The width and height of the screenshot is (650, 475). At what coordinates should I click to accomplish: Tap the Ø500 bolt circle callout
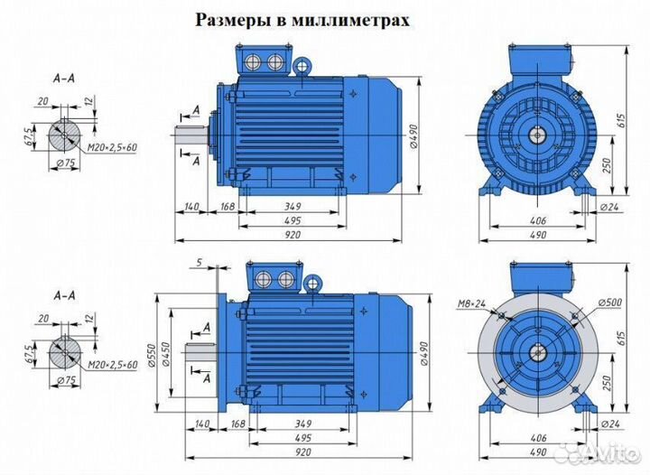pos(608,302)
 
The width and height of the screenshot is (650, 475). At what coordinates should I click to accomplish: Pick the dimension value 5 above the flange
pos(197,263)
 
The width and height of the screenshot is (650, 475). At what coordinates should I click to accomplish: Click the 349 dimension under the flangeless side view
pos(291,207)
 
